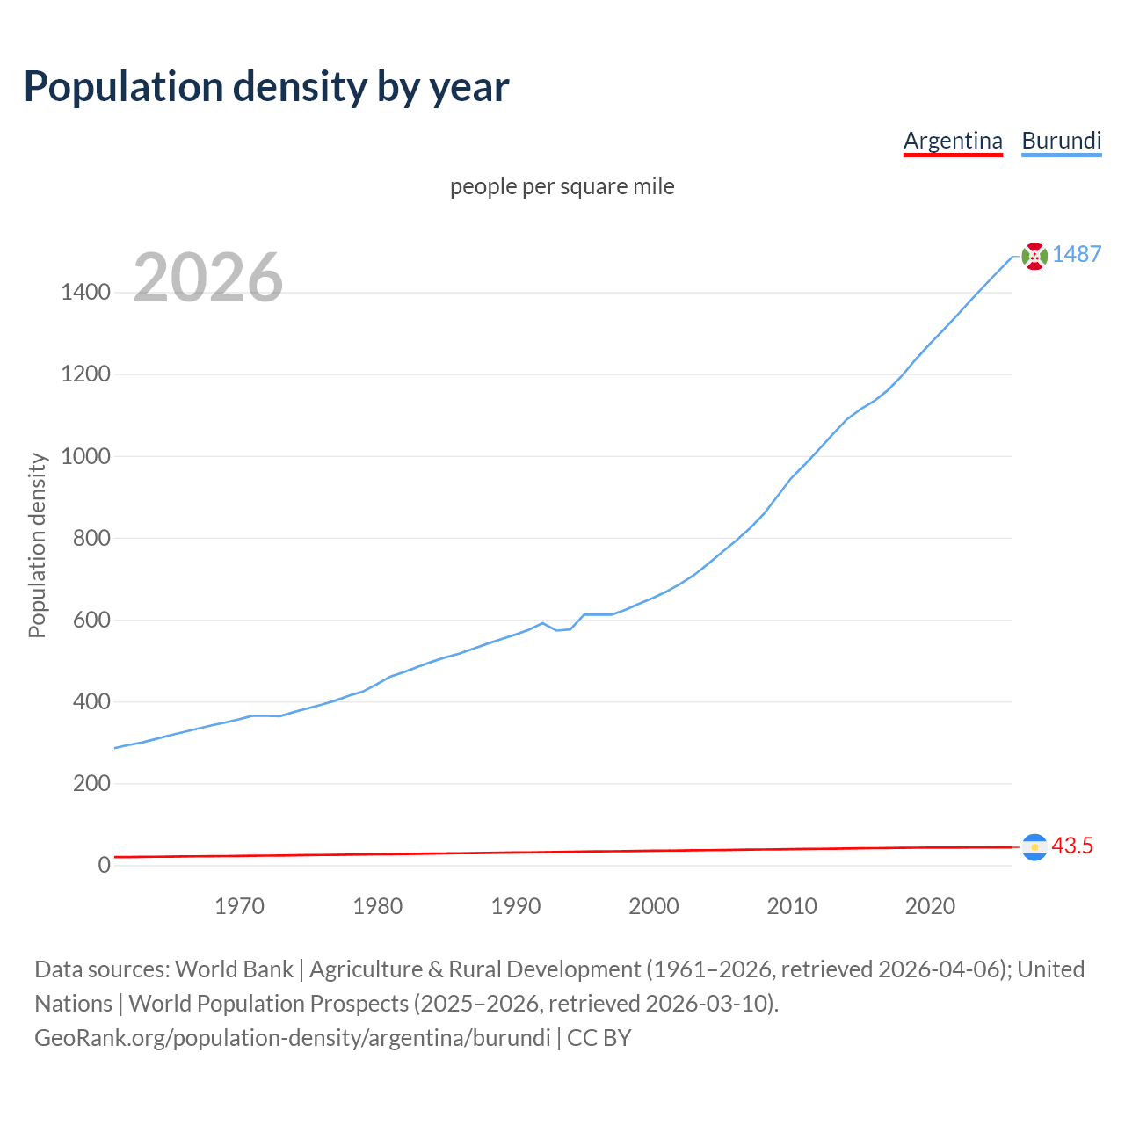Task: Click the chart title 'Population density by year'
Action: (x=266, y=87)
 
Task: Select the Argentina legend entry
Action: (x=953, y=141)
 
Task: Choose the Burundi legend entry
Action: (x=1061, y=141)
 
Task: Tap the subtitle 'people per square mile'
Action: (x=562, y=187)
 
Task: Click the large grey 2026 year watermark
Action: (x=208, y=278)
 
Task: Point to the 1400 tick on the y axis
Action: (x=85, y=293)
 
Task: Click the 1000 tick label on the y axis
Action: (x=85, y=456)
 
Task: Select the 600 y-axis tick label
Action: (x=91, y=620)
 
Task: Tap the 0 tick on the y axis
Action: (x=105, y=865)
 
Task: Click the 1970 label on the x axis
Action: (x=239, y=906)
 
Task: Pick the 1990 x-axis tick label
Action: (x=516, y=906)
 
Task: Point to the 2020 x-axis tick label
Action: (x=930, y=906)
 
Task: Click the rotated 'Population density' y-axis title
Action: (x=37, y=545)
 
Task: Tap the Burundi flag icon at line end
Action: (x=1034, y=256)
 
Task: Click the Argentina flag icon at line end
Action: (x=1034, y=847)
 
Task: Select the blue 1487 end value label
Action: (x=1077, y=255)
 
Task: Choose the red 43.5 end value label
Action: (x=1072, y=846)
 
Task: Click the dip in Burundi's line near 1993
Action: (x=556, y=629)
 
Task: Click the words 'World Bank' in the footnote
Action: (x=234, y=969)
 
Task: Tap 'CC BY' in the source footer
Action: (x=599, y=1038)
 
